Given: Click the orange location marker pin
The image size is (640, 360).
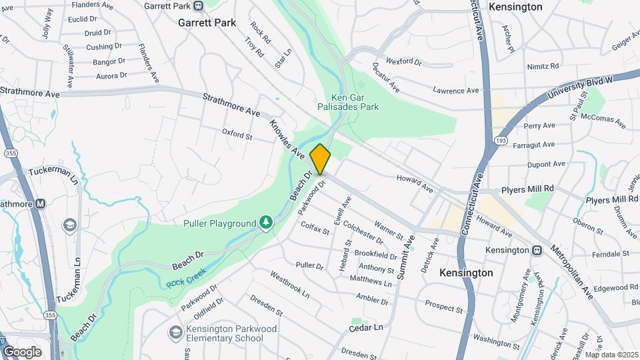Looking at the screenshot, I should [320, 159].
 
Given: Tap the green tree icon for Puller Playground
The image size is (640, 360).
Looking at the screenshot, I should [266, 222].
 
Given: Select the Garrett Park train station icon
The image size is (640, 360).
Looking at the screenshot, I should [198, 6].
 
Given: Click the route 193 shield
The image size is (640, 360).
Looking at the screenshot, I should [501, 141].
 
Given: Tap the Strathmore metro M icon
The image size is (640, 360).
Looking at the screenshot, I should [40, 204].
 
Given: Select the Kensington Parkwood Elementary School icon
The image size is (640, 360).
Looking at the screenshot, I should [175, 332].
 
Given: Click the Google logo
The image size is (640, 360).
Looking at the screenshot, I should [22, 351].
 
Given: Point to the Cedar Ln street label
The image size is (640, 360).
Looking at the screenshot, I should [367, 328].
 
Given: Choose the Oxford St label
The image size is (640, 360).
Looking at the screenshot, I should [237, 135].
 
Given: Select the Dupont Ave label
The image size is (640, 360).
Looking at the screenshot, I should [545, 163].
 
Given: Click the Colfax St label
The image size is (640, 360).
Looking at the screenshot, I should [315, 230].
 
